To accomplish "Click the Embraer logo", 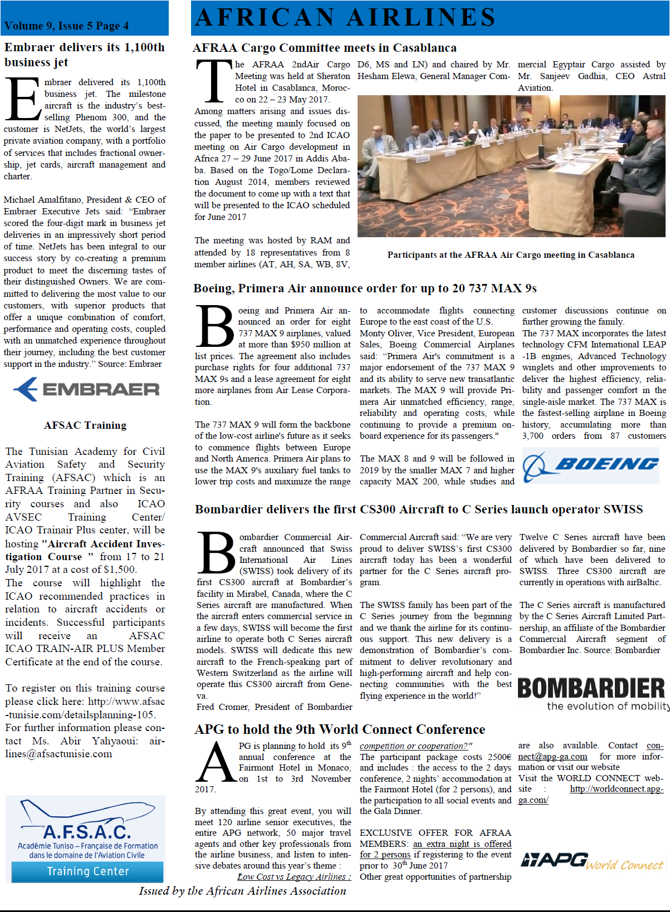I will (x=86, y=389).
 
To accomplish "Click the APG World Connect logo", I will (x=592, y=861).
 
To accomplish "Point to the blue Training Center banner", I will (x=87, y=871).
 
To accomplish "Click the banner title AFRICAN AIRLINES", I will (x=345, y=17).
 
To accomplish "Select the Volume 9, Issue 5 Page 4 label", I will (x=66, y=26).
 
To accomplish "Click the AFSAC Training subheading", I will (x=85, y=425).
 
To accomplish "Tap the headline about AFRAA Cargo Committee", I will (x=325, y=48).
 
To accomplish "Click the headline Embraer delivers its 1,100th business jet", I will (x=85, y=55).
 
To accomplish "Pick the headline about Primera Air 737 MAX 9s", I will (x=365, y=288).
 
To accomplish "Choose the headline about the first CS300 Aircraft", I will (x=419, y=509).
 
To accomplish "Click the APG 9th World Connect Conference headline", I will (x=340, y=729).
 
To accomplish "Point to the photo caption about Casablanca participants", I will (x=511, y=255).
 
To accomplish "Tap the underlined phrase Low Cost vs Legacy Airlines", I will (x=294, y=877).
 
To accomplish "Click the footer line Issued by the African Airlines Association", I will (x=243, y=891).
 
